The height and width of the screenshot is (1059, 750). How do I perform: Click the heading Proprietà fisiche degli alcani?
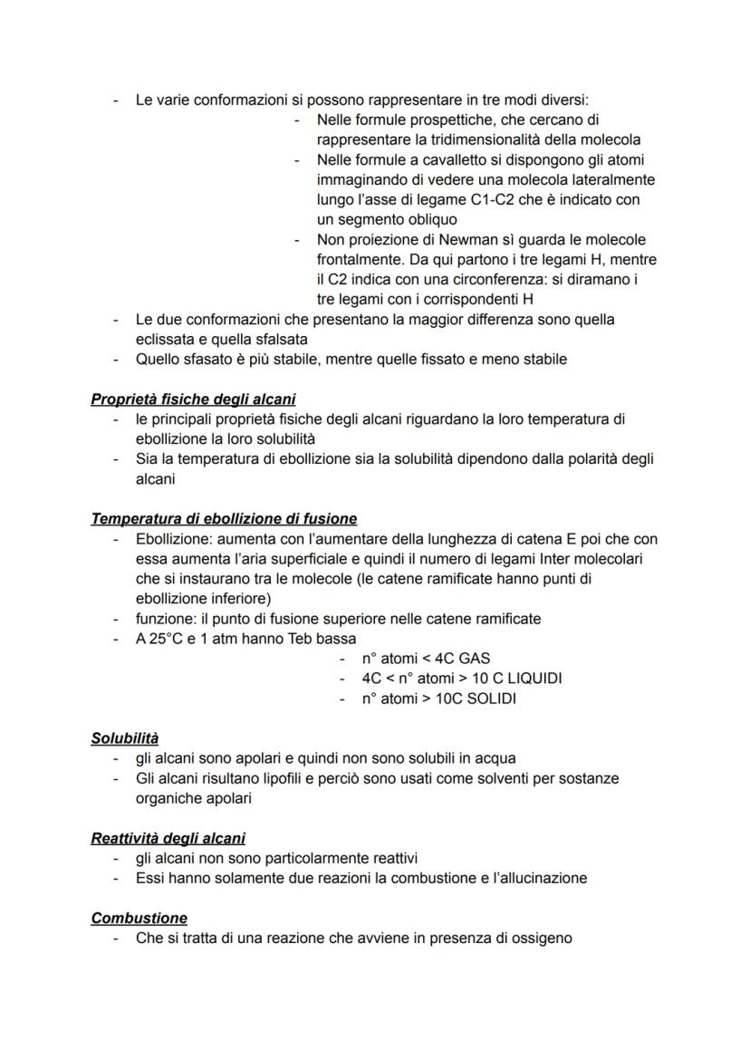(193, 400)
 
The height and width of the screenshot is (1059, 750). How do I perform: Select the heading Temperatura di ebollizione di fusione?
(224, 519)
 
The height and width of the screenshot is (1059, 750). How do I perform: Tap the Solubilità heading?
(125, 738)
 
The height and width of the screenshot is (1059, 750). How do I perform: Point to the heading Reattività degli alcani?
(168, 838)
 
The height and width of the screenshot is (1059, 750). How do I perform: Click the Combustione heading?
(139, 918)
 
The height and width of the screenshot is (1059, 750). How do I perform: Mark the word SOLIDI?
(492, 698)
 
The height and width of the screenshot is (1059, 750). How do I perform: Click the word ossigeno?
(541, 938)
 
